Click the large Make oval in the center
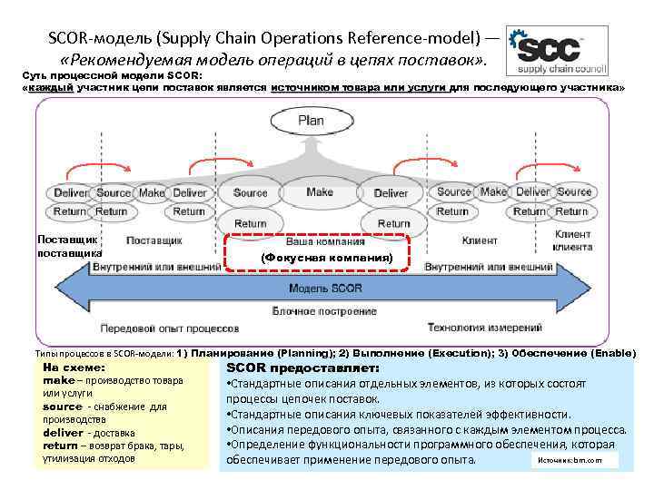click(x=320, y=192)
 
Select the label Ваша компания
click(x=325, y=242)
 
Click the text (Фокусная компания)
click(x=326, y=259)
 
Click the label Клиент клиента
click(x=572, y=240)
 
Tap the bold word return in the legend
click(x=60, y=446)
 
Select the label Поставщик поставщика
click(x=68, y=246)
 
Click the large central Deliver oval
click(x=391, y=193)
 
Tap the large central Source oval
click(x=250, y=193)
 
